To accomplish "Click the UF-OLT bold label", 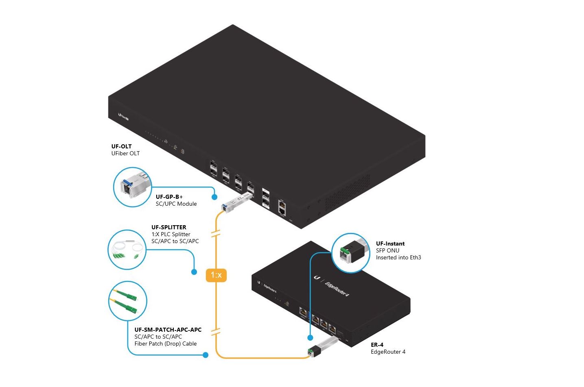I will (x=121, y=146).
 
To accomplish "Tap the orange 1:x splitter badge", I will (x=216, y=275).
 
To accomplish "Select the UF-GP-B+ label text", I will (x=169, y=197).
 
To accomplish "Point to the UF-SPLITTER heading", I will (x=168, y=227).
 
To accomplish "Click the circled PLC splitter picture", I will (x=127, y=250).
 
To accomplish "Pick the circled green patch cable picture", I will (x=127, y=302).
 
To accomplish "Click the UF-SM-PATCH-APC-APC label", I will (x=168, y=330).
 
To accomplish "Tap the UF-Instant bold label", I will (x=390, y=244).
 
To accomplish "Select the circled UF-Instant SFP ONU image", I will (x=351, y=253).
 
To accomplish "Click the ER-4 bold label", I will (x=377, y=345).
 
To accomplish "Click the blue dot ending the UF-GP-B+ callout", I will (x=214, y=197).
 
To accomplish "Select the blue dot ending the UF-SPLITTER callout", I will (x=194, y=272).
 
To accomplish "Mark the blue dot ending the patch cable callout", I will (x=206, y=355).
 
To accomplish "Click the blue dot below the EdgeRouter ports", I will (x=310, y=337).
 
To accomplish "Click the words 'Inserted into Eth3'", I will (x=398, y=257).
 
